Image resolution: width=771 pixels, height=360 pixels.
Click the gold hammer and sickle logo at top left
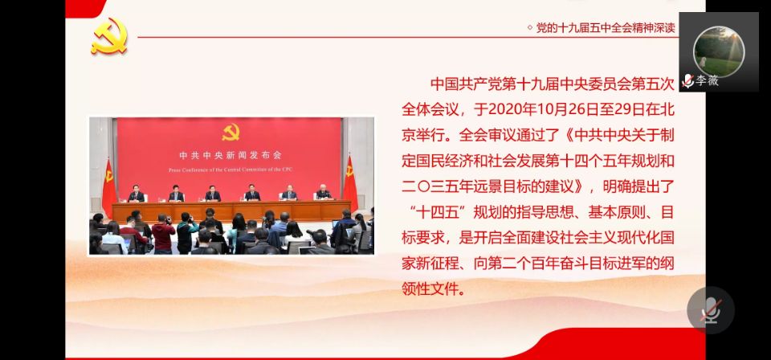(109, 36)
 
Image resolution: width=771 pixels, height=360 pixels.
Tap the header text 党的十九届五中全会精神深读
(606, 28)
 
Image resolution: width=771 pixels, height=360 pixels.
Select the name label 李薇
(707, 80)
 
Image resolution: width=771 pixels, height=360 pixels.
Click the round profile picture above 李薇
(719, 51)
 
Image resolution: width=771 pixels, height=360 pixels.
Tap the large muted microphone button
(711, 310)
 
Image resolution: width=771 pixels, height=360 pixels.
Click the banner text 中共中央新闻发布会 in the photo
(230, 155)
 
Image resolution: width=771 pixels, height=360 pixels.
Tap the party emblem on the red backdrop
(230, 132)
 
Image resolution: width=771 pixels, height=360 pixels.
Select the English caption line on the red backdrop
(230, 170)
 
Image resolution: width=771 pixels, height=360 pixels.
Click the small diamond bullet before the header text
(529, 28)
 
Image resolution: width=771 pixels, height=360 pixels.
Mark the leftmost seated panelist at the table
(137, 194)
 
